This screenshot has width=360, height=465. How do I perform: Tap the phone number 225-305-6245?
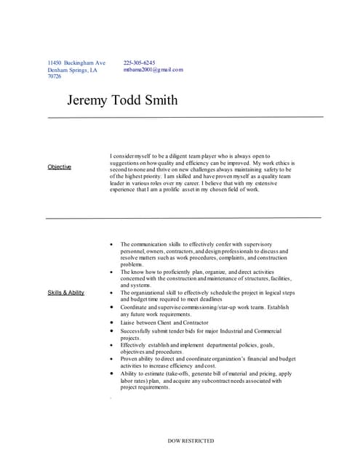pyautogui.click(x=139, y=63)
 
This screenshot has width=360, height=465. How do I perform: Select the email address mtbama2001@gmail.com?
pyautogui.click(x=153, y=70)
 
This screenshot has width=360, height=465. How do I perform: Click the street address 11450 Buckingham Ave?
pyautogui.click(x=76, y=63)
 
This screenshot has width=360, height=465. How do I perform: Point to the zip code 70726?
pyautogui.click(x=55, y=76)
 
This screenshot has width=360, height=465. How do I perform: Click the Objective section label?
pyautogui.click(x=60, y=167)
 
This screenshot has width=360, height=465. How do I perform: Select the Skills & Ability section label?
pyautogui.click(x=66, y=292)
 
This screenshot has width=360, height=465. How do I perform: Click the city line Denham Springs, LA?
pyautogui.click(x=72, y=70)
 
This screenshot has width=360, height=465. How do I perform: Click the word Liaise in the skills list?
pyautogui.click(x=128, y=322)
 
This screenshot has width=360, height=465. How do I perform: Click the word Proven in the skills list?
pyautogui.click(x=129, y=359)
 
